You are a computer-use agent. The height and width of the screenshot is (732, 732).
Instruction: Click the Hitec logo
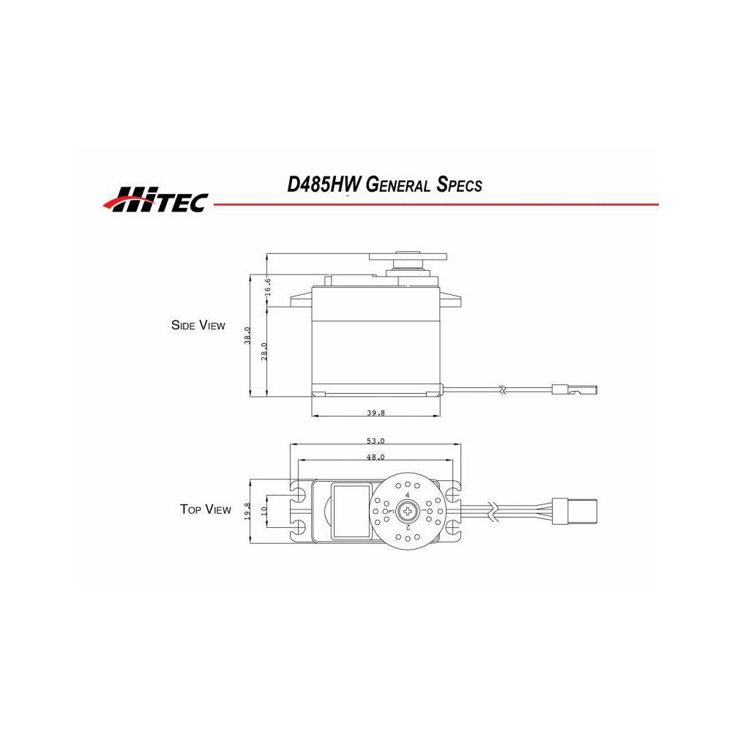coord(155,199)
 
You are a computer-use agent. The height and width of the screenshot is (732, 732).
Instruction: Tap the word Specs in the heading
coord(459,184)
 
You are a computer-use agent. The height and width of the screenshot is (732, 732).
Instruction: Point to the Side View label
coord(198,325)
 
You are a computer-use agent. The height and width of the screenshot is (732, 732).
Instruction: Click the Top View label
coord(205,509)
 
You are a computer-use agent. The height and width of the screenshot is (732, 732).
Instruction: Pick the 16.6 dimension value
coord(269,285)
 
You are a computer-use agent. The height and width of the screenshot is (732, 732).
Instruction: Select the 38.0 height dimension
coord(249,335)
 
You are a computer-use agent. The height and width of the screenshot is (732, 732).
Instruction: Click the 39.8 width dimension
coord(376,413)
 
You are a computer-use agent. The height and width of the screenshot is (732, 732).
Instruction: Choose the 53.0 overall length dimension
coord(375,441)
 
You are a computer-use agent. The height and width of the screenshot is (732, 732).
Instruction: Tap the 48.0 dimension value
coord(375,457)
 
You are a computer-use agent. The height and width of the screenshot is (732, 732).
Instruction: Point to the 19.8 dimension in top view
coord(248,510)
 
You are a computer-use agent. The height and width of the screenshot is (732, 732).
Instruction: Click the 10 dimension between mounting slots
coord(264,510)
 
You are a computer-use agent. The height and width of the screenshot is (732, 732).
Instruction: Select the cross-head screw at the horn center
coord(406,510)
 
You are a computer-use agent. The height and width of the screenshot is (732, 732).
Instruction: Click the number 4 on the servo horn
coord(406,496)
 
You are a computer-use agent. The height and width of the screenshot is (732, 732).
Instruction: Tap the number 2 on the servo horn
coord(407,526)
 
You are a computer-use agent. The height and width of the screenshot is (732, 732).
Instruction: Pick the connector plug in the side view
coord(578,389)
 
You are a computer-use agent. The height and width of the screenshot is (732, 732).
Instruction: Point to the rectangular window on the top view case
coord(351,510)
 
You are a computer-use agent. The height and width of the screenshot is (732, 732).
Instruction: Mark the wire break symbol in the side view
coord(503,390)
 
